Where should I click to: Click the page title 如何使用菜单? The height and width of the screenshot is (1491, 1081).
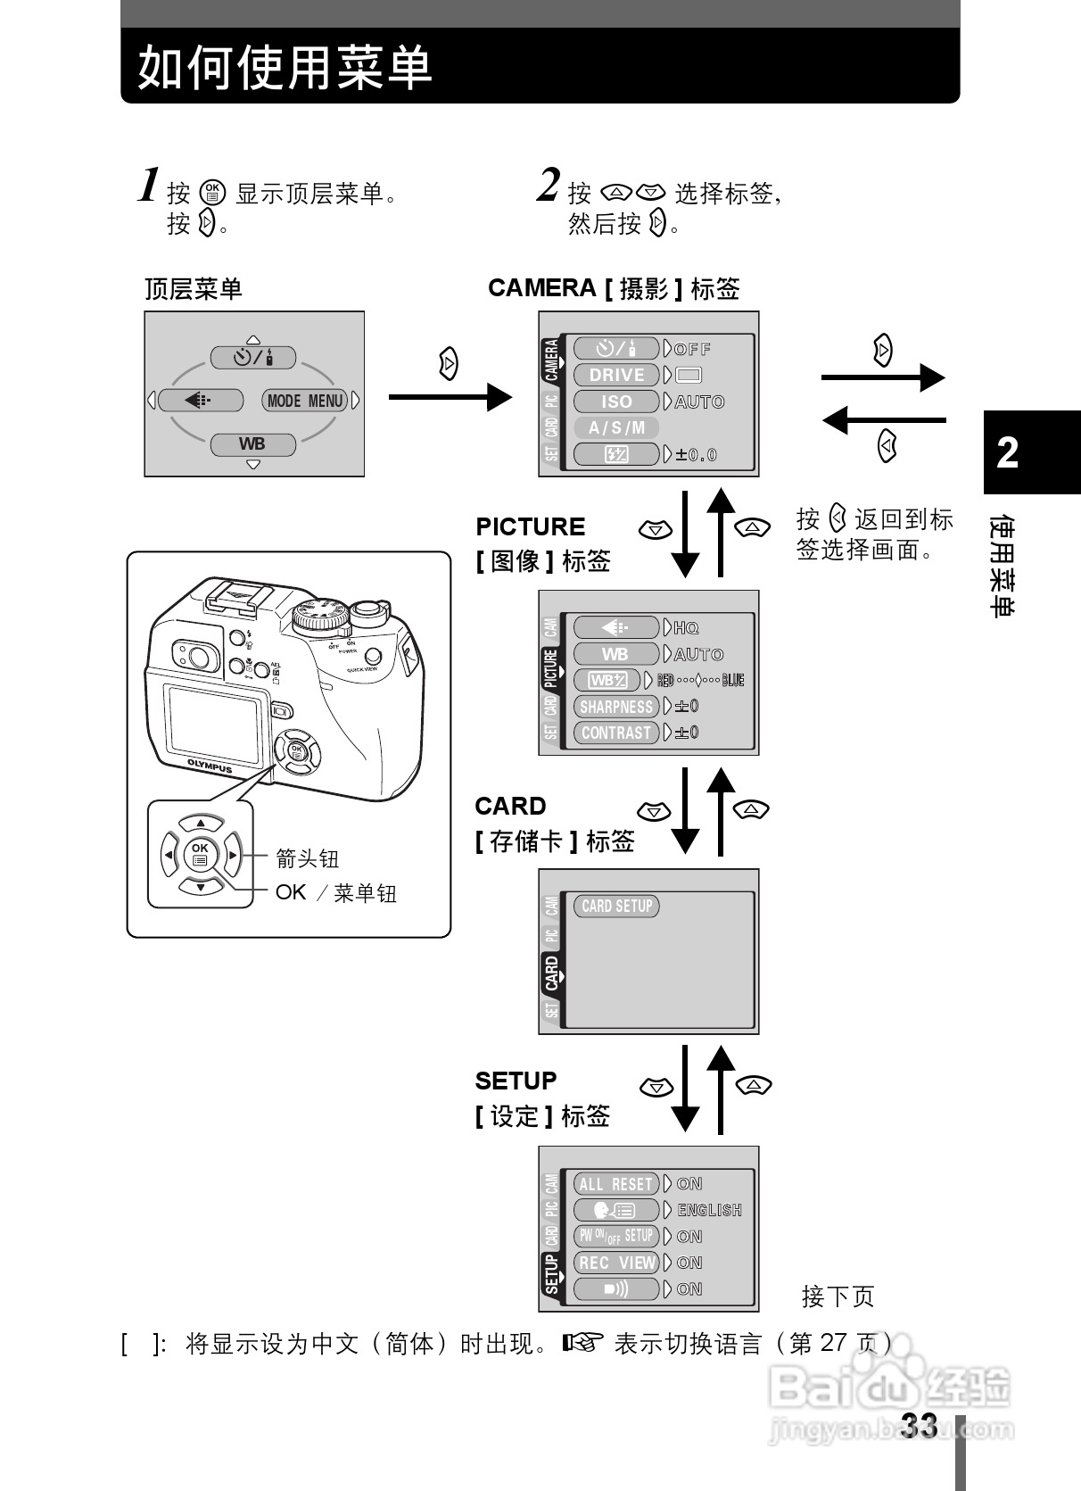285,67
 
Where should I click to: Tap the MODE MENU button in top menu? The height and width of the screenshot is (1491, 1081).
305,401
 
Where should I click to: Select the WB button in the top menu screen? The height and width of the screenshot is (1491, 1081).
252,443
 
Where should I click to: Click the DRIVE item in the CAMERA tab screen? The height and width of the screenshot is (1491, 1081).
616,375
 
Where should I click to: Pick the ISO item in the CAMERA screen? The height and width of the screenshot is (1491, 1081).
616,402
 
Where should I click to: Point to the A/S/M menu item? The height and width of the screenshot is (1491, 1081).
616,427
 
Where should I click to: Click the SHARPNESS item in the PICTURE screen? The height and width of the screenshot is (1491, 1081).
615,707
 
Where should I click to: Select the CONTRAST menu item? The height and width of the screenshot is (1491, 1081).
615,733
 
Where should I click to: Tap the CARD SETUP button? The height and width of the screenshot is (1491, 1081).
616,907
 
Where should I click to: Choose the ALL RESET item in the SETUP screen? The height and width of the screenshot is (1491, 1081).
615,1184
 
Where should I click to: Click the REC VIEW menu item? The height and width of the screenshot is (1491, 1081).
615,1263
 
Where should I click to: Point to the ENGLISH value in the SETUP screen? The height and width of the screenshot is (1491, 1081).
709,1210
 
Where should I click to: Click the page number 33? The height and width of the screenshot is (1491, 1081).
919,1426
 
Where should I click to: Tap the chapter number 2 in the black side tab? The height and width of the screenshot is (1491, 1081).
1008,452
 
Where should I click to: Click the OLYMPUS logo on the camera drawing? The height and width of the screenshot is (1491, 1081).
210,766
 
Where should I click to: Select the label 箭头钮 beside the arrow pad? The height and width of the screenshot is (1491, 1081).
307,858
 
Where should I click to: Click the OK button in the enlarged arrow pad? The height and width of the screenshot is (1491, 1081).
200,854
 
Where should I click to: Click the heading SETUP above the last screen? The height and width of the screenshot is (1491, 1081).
516,1081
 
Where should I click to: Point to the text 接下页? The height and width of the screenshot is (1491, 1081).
838,1296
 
